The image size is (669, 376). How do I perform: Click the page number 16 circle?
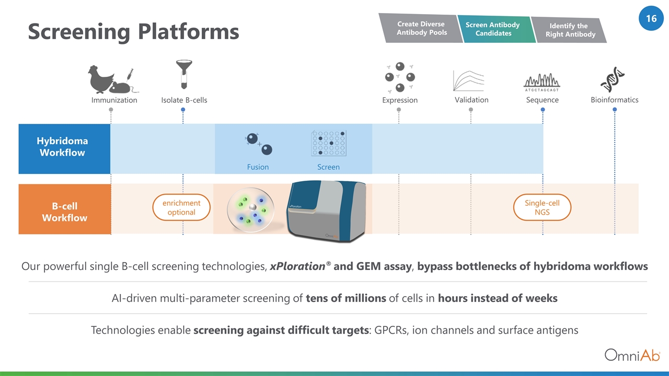(x=651, y=18)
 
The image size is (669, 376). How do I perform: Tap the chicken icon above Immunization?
(x=101, y=79)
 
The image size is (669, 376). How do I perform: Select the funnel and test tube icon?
(x=184, y=74)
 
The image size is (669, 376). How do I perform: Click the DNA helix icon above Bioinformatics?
(x=612, y=79)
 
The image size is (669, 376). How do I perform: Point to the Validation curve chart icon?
(x=469, y=81)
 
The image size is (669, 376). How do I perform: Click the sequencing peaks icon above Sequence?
(x=542, y=83)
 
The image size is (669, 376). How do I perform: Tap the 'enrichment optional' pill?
(x=181, y=207)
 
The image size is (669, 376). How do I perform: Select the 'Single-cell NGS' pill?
(x=542, y=207)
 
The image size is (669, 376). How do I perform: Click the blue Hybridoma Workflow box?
(x=64, y=149)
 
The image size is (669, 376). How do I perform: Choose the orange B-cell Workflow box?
(x=65, y=209)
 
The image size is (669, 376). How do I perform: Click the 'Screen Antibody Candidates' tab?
(x=493, y=29)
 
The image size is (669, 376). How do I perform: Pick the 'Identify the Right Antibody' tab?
(x=570, y=30)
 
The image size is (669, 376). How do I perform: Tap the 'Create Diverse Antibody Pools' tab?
(x=421, y=28)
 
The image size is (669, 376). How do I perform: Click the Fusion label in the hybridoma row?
(x=258, y=167)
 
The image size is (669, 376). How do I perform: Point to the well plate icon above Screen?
(x=329, y=143)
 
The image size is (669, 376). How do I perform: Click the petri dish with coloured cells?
(x=250, y=210)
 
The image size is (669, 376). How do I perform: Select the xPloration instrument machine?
(x=327, y=210)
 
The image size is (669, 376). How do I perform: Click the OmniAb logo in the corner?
(x=632, y=355)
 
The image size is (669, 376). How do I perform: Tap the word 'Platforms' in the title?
(x=189, y=32)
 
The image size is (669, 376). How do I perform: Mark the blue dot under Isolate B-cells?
(x=183, y=110)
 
